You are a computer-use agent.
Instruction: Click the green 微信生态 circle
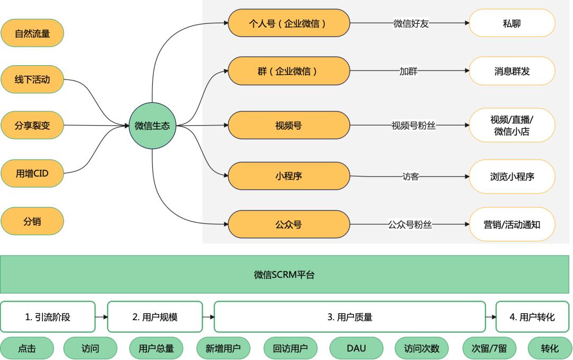[152, 126]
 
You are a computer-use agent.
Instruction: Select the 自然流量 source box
[32, 33]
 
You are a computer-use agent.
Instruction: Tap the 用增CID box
[32, 173]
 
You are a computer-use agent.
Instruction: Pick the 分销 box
[32, 221]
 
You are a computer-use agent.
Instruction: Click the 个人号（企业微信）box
[289, 23]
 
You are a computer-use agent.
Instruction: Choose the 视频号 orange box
[289, 125]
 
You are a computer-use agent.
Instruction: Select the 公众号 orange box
[289, 224]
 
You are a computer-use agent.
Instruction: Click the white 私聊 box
[512, 23]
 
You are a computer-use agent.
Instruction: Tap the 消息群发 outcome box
[512, 71]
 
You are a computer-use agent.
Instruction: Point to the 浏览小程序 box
[512, 177]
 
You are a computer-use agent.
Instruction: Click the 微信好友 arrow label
[411, 24]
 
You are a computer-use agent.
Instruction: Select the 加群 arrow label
[408, 71]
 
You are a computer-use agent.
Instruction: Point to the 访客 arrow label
[410, 177]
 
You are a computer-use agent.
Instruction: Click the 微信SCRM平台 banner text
[284, 275]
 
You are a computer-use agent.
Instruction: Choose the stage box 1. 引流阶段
[48, 317]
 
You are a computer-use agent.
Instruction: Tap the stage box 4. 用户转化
[533, 317]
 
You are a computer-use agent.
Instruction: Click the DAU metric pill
[357, 348]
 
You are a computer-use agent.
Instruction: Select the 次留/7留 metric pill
[489, 348]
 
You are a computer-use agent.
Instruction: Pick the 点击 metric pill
[27, 348]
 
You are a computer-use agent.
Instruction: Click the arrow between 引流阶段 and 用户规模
[101, 317]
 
